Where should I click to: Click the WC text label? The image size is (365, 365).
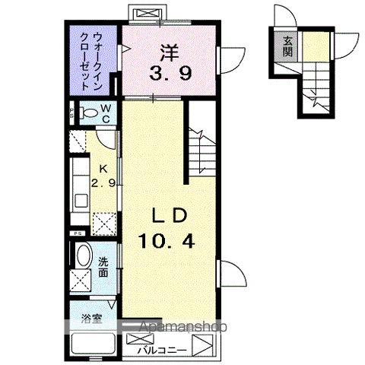[x=105, y=113]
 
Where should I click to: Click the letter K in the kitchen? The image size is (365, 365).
[x=102, y=169]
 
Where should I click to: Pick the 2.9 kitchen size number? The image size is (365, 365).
[x=103, y=183]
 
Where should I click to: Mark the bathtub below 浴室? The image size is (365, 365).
[x=92, y=344]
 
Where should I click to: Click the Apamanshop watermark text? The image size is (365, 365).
[x=180, y=328]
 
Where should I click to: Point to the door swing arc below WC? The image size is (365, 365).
[x=108, y=139]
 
